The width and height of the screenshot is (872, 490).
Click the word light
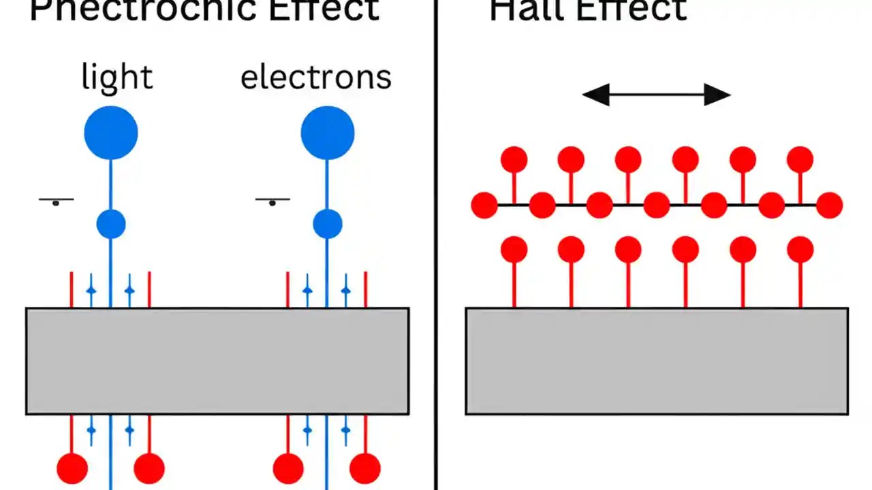click(x=116, y=77)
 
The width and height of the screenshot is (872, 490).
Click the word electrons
click(x=316, y=77)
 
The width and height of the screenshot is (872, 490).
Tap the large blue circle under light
click(x=111, y=133)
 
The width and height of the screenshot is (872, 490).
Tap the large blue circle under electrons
click(x=328, y=133)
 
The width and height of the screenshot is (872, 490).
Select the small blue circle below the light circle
click(x=111, y=224)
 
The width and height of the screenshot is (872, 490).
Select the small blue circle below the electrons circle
click(x=328, y=224)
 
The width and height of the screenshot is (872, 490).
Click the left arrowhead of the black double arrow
click(x=595, y=95)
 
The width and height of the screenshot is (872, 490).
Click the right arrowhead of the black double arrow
click(x=717, y=95)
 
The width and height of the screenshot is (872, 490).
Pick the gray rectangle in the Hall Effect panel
click(x=657, y=361)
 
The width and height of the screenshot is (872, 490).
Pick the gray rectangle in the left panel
click(x=217, y=361)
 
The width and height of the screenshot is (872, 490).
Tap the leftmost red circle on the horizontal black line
click(x=484, y=205)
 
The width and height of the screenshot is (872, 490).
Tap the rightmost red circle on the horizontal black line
click(x=830, y=205)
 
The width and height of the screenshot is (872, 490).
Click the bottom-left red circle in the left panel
click(x=72, y=468)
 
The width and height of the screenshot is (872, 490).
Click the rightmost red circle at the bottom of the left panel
click(x=365, y=468)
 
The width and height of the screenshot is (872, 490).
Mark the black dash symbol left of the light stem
click(x=56, y=201)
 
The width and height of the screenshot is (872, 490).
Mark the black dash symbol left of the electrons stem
click(x=272, y=201)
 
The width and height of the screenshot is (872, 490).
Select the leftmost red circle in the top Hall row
click(x=514, y=159)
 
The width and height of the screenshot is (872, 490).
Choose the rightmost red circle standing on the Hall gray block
click(x=800, y=250)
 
